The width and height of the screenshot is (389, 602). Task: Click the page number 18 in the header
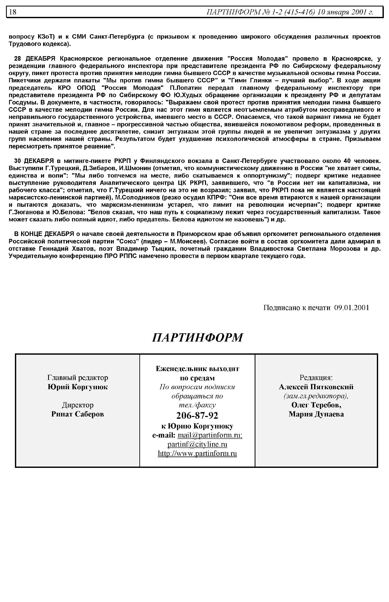point(13,12)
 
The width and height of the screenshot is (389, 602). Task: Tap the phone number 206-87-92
point(197,415)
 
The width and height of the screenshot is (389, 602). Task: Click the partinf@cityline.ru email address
point(197,444)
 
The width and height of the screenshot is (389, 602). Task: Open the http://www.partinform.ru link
point(197,453)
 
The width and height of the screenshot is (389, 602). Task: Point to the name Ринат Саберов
point(77,414)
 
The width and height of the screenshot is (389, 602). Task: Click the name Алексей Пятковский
point(316,387)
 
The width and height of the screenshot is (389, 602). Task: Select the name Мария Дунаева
point(316,414)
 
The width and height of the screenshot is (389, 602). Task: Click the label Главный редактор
point(77,378)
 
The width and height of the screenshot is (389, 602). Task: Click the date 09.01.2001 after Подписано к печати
point(351,308)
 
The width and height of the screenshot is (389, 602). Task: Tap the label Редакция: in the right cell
point(316,378)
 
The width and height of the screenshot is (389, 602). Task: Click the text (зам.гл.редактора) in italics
point(316,396)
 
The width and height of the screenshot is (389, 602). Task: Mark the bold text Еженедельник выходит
point(197,369)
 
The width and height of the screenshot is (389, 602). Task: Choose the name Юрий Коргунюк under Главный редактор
point(77,387)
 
